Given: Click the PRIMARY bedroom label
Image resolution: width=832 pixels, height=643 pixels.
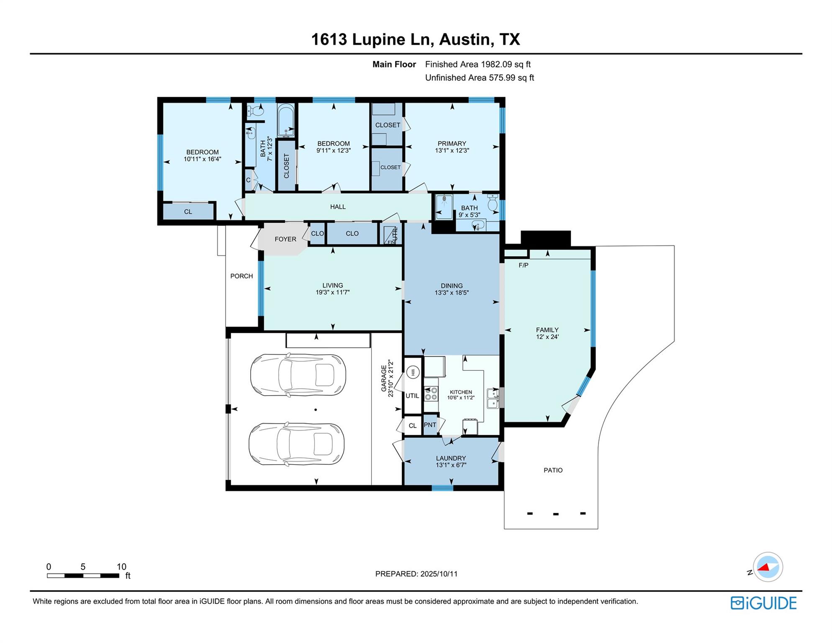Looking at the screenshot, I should (x=452, y=144).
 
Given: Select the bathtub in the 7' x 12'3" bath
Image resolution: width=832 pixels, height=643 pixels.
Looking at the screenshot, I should (x=286, y=120).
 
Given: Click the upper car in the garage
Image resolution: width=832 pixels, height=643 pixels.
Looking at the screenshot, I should (x=298, y=375).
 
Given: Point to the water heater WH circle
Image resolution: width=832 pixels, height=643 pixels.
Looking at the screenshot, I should (x=413, y=372).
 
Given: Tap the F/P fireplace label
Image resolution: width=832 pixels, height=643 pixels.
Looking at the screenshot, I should (x=523, y=265).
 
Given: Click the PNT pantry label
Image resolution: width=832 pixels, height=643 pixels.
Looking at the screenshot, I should (x=430, y=425).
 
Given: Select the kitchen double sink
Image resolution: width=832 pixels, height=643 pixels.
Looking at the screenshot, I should (x=493, y=398).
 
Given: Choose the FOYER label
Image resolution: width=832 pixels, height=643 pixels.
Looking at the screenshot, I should (x=285, y=239).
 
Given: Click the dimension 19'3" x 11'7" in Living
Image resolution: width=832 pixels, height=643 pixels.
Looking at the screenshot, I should (x=332, y=293).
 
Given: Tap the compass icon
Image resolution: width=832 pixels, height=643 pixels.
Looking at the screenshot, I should (x=768, y=567).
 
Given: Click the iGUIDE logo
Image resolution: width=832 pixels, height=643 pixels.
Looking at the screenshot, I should (x=763, y=603).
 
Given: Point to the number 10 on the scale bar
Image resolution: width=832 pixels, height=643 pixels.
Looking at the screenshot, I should (x=121, y=567).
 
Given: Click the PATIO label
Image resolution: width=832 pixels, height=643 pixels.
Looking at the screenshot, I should (x=553, y=470).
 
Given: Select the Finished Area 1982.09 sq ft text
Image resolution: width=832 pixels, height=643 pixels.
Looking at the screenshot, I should (x=478, y=64).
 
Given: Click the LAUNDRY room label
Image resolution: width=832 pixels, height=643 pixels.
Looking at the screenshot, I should (x=451, y=458).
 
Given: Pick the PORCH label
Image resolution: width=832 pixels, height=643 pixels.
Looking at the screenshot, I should (x=241, y=276).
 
